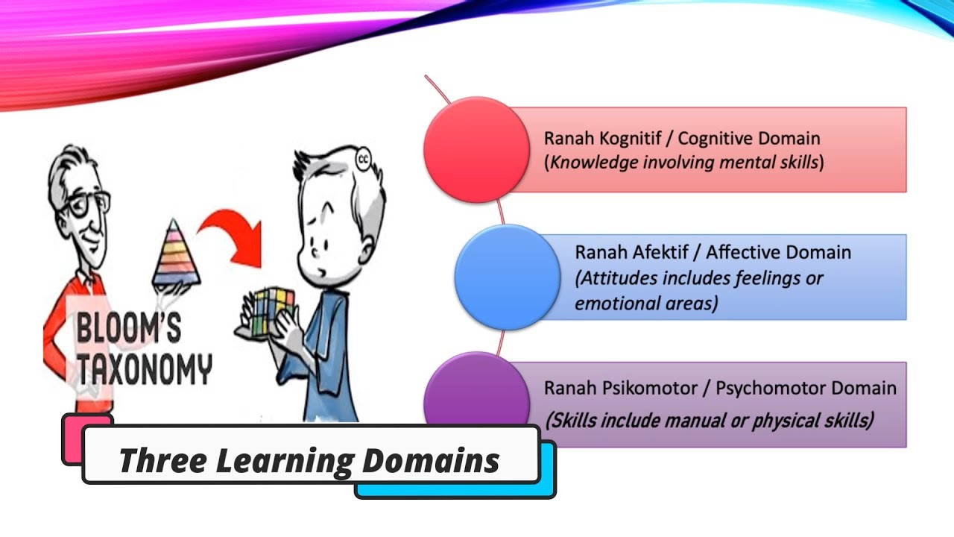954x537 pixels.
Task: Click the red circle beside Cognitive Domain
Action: point(476,150)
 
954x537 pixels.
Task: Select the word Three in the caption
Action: point(161,460)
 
